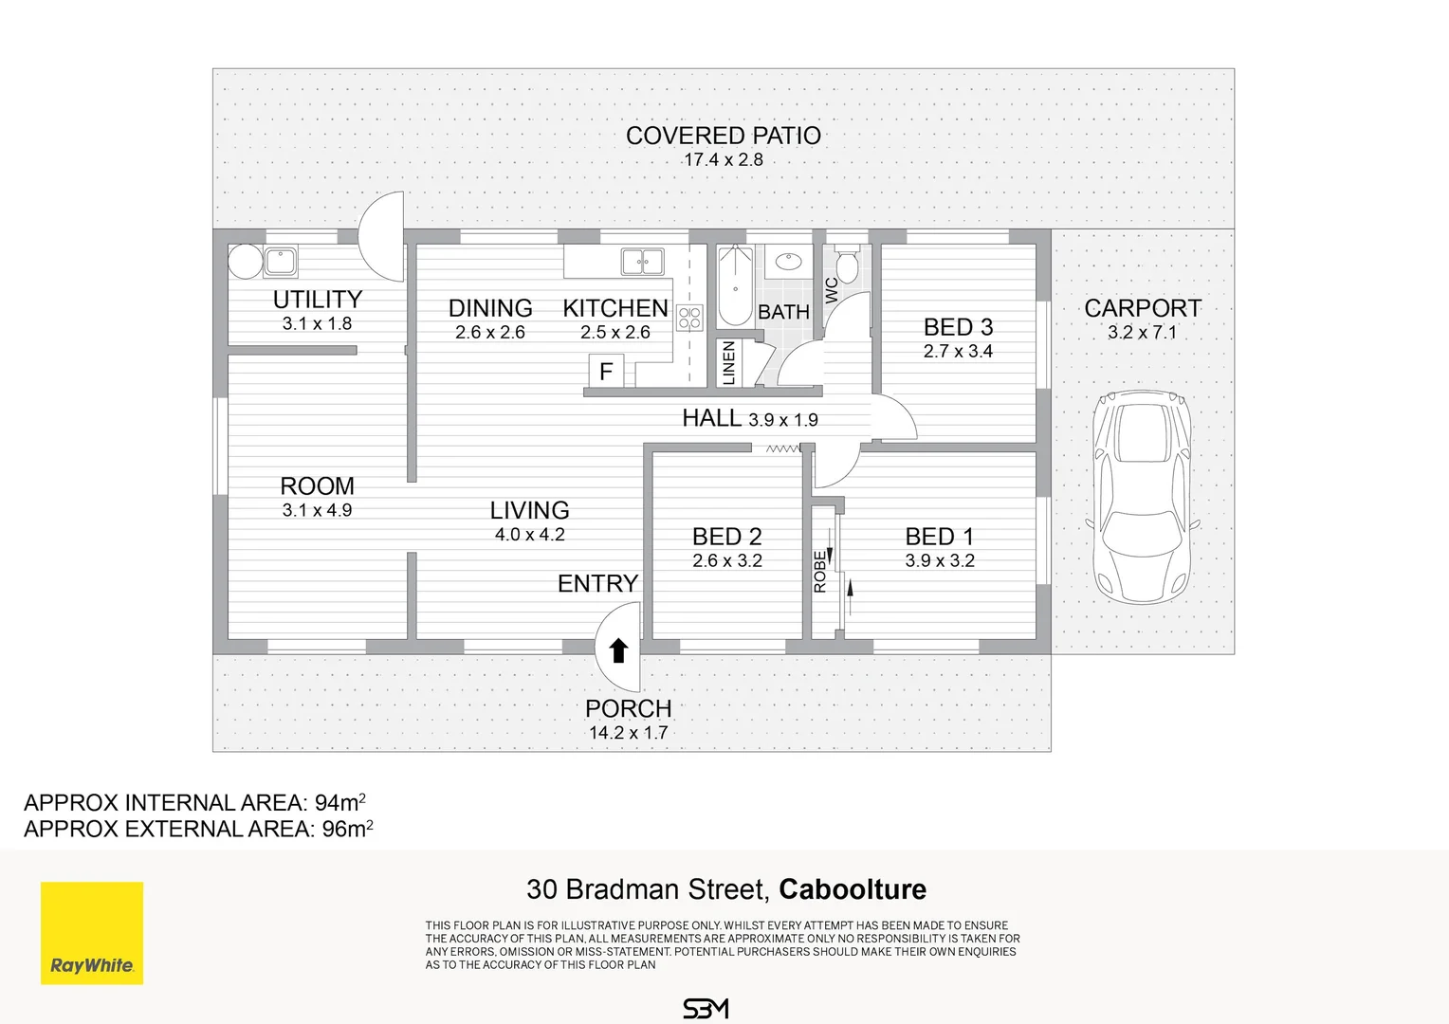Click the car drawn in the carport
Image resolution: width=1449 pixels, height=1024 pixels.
[1143, 497]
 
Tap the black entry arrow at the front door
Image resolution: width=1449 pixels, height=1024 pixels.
[618, 650]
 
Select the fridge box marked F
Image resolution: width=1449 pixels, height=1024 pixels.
[606, 371]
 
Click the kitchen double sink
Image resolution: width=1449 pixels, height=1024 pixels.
[642, 262]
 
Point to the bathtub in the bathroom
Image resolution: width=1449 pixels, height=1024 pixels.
[736, 284]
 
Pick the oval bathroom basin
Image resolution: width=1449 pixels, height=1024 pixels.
[789, 262]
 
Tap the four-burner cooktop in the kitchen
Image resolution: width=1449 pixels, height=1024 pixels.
[689, 318]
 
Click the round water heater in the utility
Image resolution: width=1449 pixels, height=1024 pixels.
[246, 262]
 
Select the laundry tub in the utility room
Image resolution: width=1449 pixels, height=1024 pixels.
[280, 262]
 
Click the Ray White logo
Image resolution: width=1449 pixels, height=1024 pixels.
[92, 933]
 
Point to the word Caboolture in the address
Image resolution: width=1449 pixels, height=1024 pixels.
[853, 889]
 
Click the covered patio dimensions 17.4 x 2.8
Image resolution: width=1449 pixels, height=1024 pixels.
[724, 160]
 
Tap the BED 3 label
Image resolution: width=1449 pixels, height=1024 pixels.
[958, 327]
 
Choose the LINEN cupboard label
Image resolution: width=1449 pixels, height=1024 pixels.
[729, 363]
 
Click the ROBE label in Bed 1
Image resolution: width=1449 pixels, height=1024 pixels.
[820, 572]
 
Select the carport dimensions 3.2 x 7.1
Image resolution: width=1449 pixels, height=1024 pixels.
[1143, 333]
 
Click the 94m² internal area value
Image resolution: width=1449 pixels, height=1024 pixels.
[340, 802]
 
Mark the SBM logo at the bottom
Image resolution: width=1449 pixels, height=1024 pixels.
[706, 1009]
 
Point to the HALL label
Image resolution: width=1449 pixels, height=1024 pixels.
[711, 418]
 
